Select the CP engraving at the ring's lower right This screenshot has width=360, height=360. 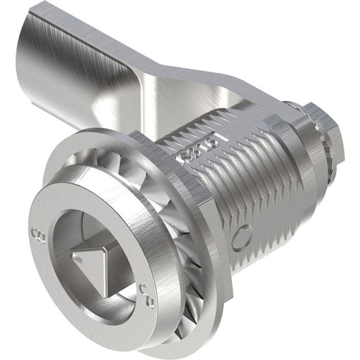tap(143, 288)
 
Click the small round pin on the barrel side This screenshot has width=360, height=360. tap(240, 237)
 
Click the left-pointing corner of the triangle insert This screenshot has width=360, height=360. tap(79, 262)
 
